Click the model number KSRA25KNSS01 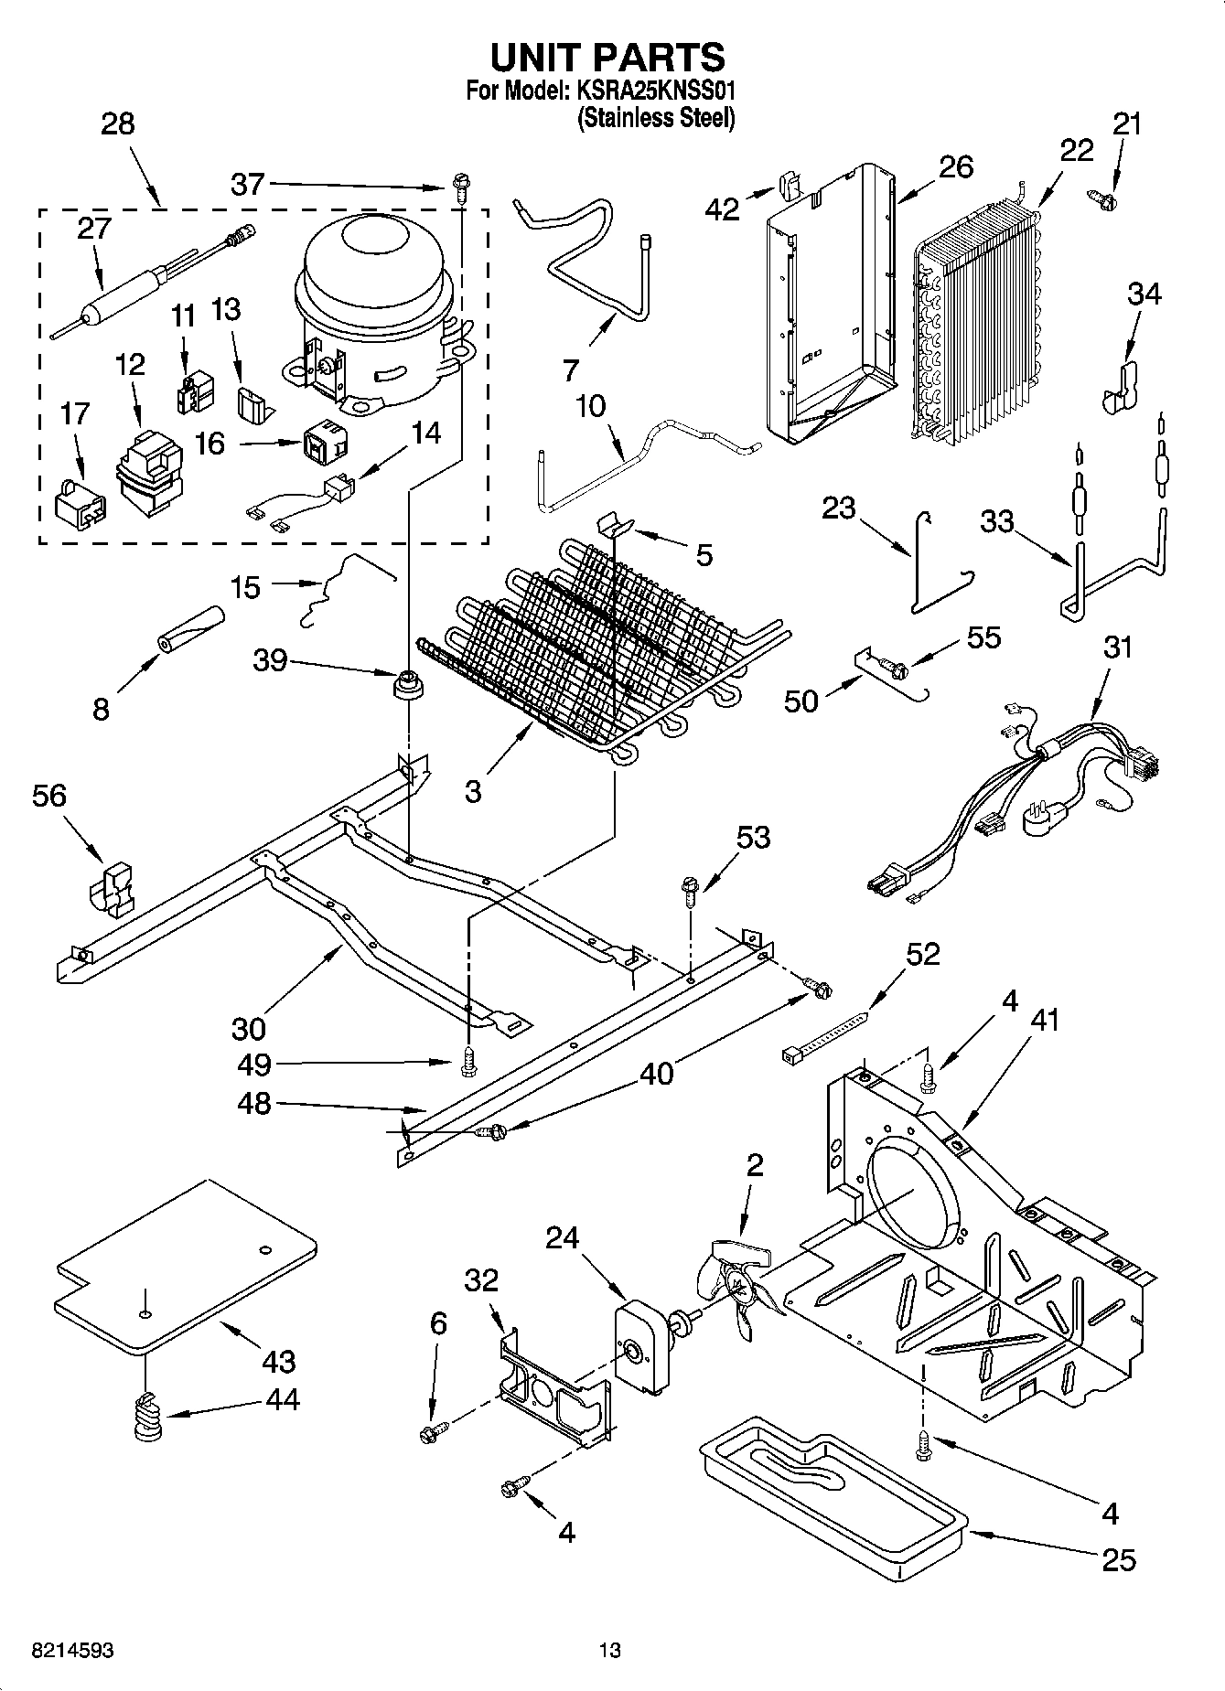coord(655,91)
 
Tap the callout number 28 coord(117,123)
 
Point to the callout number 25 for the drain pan coord(1118,1559)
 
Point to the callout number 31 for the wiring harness coord(1117,648)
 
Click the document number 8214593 coord(60,1651)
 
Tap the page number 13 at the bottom coord(609,1651)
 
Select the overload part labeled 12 coord(146,476)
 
